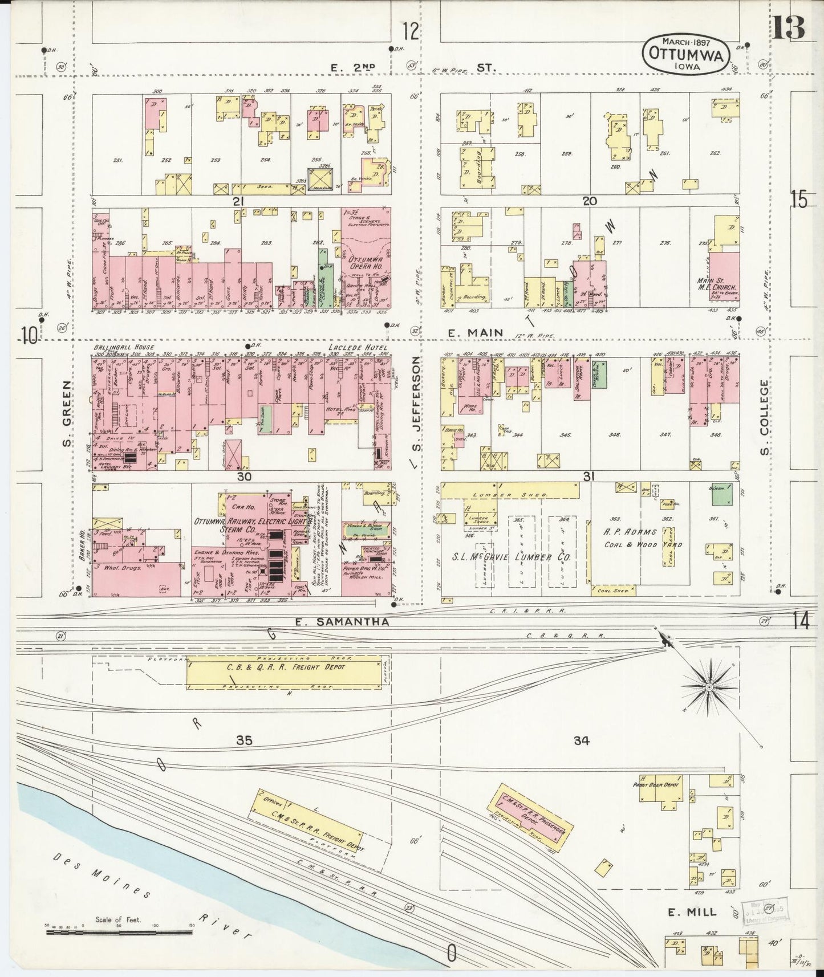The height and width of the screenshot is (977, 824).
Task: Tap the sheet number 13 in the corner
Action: coord(789,26)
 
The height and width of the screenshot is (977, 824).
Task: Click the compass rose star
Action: coord(709,688)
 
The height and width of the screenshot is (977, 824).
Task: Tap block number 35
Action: coord(244,740)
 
